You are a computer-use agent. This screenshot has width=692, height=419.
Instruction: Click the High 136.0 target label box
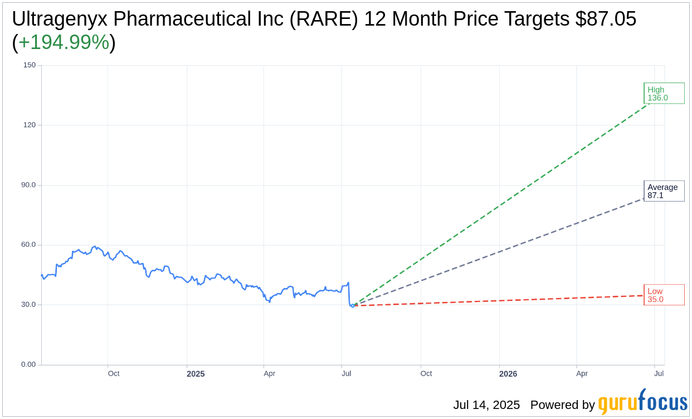click(664, 93)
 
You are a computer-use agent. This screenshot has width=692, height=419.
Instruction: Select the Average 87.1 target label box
click(664, 191)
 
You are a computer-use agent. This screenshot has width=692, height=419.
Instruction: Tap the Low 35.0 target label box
click(664, 295)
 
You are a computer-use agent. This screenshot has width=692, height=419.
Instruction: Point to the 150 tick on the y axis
click(29, 65)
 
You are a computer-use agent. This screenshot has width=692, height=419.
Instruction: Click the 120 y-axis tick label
click(29, 125)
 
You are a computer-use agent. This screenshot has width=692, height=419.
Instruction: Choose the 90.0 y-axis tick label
click(28, 185)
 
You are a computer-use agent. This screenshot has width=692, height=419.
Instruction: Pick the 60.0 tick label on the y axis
click(28, 245)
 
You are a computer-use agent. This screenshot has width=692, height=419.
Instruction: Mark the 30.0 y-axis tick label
click(28, 305)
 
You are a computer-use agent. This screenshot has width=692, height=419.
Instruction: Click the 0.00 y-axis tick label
click(28, 364)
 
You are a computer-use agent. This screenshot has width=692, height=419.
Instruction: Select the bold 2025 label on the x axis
click(196, 374)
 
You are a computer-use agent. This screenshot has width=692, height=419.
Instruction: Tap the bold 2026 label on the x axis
click(508, 374)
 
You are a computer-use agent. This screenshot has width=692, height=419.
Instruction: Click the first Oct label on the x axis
click(114, 373)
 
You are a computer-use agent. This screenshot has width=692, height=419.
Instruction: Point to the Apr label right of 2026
click(582, 373)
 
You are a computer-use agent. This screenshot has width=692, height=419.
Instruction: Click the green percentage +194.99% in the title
click(64, 42)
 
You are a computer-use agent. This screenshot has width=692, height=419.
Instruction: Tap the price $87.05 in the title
click(606, 19)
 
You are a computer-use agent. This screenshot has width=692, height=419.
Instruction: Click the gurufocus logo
click(642, 402)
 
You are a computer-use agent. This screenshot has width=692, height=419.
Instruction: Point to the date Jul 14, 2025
click(486, 405)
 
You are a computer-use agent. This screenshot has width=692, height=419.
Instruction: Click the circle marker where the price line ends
click(353, 305)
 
